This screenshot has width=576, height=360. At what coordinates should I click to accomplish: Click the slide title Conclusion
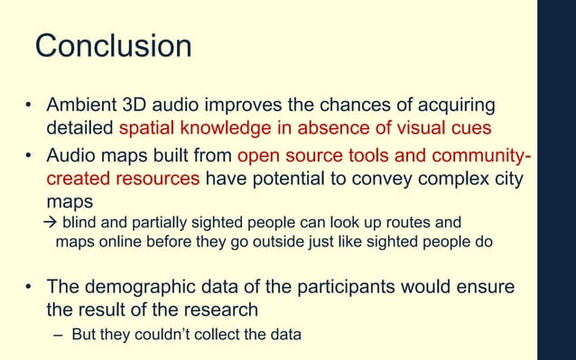(113, 46)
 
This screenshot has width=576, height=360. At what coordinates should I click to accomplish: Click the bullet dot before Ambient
(29, 106)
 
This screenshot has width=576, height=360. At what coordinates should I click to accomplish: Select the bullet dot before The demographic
(29, 288)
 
